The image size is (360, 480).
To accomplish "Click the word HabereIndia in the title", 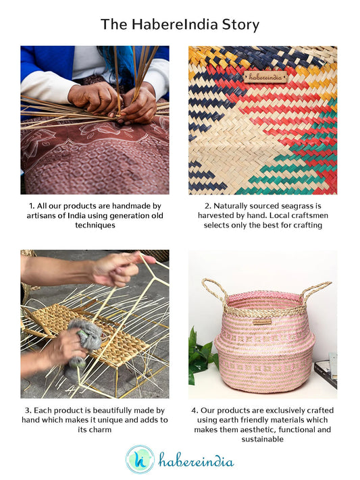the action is point(175,24).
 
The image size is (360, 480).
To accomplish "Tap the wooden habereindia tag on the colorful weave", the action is point(265,77).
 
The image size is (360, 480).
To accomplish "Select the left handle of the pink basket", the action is point(215,291).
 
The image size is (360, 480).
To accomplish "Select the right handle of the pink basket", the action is point(315,291).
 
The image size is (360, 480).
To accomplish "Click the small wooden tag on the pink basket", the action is point(262,322).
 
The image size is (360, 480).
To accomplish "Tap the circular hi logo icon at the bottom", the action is point(140,460).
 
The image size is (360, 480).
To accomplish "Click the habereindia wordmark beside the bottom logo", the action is point(196,460).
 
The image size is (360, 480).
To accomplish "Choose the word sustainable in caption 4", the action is point(262,439).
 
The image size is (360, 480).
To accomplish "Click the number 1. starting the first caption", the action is point(32,206).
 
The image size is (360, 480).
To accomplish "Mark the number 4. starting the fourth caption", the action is point(195,410).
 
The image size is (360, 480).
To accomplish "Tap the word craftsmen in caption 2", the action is point(310,215).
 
